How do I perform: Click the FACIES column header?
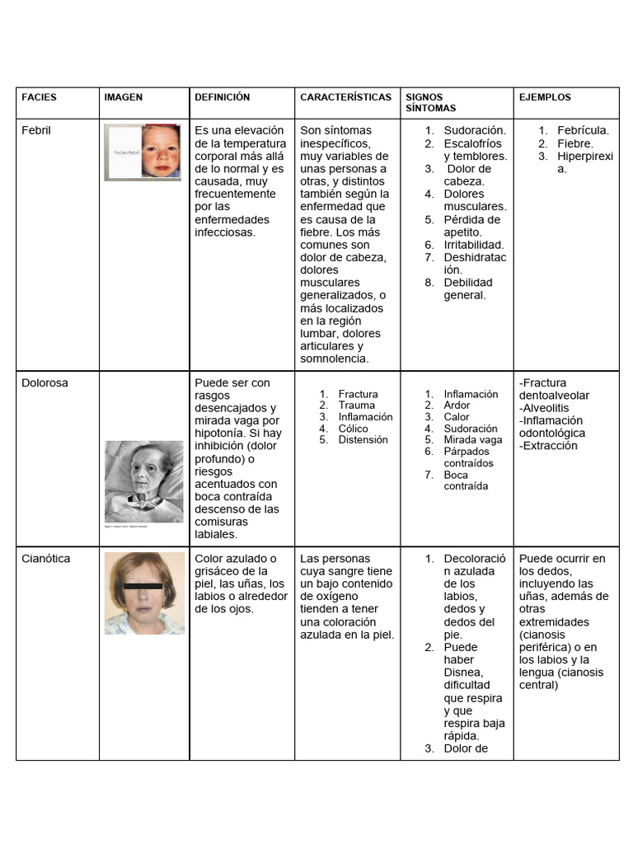(39, 97)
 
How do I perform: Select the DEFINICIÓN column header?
(222, 97)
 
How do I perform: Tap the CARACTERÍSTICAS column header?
(345, 97)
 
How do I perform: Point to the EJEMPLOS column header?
(545, 97)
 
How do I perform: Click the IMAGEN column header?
(123, 97)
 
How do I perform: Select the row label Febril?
(36, 130)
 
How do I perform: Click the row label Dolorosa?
(45, 383)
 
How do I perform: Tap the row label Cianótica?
(46, 559)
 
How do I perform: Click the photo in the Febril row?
(143, 152)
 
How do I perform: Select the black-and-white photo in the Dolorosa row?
(143, 481)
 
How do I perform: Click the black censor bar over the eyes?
(143, 587)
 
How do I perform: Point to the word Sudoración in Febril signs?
(475, 130)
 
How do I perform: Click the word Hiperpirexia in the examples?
(584, 157)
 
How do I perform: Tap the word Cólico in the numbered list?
(354, 429)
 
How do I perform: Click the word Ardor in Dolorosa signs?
(457, 406)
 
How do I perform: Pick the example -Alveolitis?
(544, 408)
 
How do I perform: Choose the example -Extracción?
(548, 446)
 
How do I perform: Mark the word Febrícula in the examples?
(583, 130)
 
